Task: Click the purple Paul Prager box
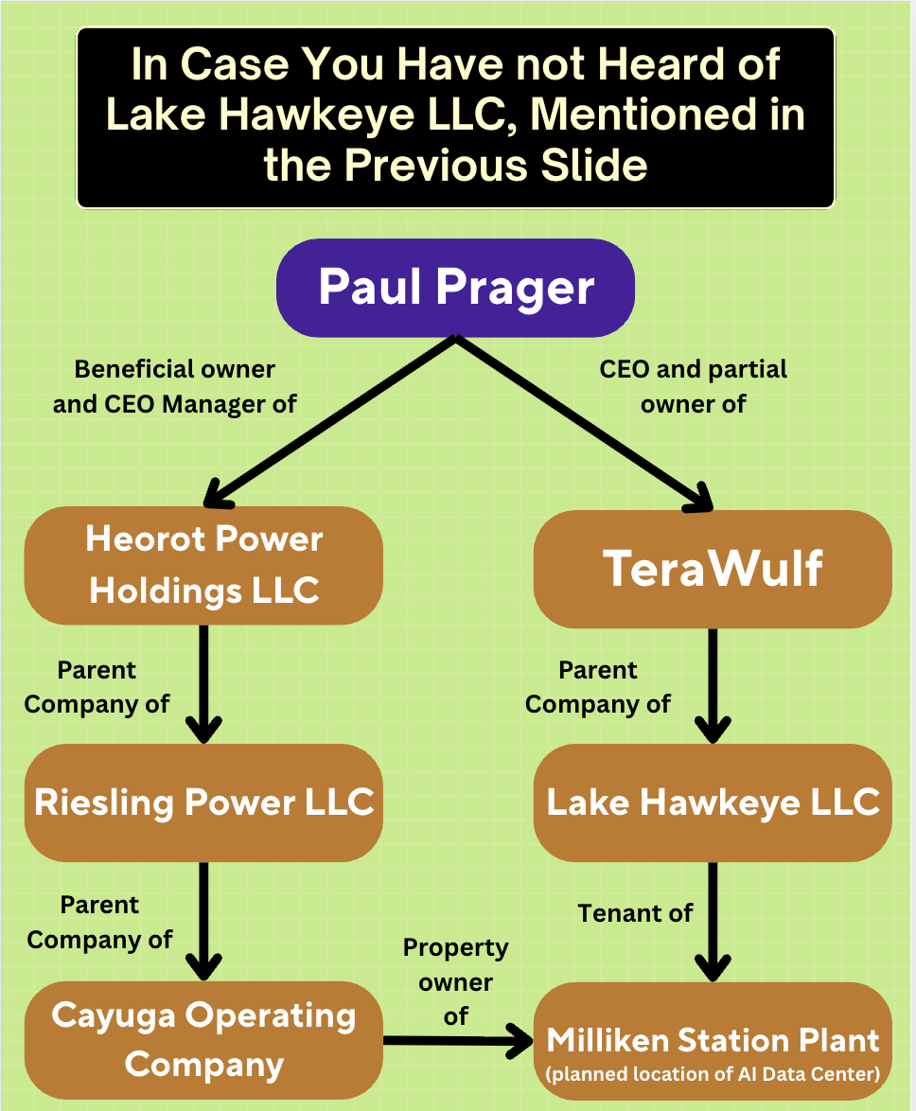coord(455,288)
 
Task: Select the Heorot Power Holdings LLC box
coord(203,565)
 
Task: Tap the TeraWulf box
coord(713,569)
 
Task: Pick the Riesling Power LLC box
coord(203,802)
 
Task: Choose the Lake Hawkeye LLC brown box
coord(713,802)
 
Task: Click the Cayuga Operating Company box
coord(203,1039)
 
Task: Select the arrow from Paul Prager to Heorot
coord(331,421)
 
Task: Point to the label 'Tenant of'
coord(635,913)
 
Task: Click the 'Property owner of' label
coord(455,981)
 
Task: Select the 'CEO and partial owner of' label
coord(694,386)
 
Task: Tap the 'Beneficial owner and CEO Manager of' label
coord(175,386)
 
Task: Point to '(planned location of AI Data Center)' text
coord(713,1074)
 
